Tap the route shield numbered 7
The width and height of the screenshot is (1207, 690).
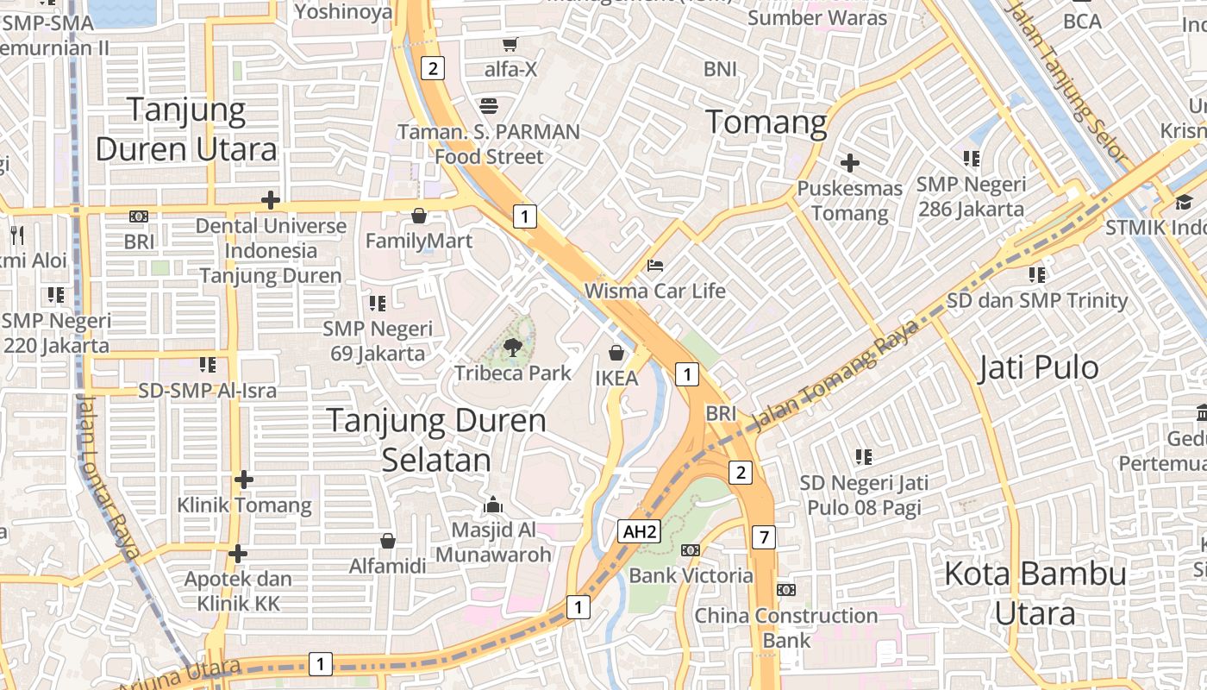[x=763, y=536]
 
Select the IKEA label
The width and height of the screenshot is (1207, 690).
[x=616, y=378]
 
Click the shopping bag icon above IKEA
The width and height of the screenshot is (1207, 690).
[x=616, y=352]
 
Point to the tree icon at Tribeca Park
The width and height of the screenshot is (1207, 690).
[x=513, y=348]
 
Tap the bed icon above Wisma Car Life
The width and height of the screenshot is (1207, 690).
[x=655, y=265]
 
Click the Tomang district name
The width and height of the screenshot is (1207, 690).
[x=766, y=122]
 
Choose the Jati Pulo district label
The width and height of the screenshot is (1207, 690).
[x=1039, y=368]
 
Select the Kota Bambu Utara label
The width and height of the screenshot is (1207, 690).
[x=1035, y=593]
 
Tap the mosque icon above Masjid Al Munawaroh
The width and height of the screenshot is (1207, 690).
[x=493, y=504]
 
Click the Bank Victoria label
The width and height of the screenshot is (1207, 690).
[x=691, y=575]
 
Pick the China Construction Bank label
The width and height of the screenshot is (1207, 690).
[x=785, y=627]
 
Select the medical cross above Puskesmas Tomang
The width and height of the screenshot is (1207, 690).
[x=850, y=162]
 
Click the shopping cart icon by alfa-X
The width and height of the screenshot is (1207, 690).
[x=510, y=44]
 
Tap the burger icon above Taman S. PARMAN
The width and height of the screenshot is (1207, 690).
[x=489, y=106]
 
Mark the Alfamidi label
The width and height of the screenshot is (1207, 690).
[x=388, y=567]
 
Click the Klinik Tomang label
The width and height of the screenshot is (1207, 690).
[x=244, y=505]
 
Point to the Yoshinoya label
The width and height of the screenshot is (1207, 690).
[x=343, y=12]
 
